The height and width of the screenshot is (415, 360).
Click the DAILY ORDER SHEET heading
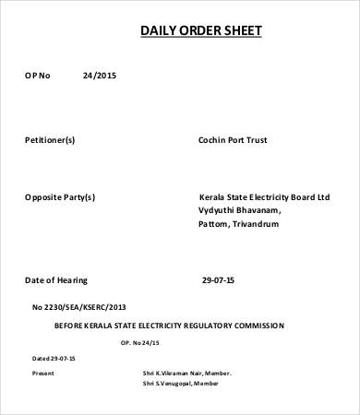coord(200,31)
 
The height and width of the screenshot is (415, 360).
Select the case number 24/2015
coord(100,75)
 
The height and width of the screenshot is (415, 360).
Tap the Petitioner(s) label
coord(50,140)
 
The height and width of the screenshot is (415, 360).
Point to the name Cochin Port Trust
coord(233,140)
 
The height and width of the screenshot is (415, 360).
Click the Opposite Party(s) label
coord(60,197)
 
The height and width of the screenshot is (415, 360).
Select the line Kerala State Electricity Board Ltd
coord(264,197)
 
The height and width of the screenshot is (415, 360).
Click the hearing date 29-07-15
coord(218,279)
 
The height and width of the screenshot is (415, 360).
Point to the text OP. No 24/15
coord(140,342)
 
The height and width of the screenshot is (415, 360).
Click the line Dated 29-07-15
coord(54,357)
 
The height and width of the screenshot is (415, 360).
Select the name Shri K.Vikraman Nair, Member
coord(187,373)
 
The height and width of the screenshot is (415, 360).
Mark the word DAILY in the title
coord(157,31)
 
